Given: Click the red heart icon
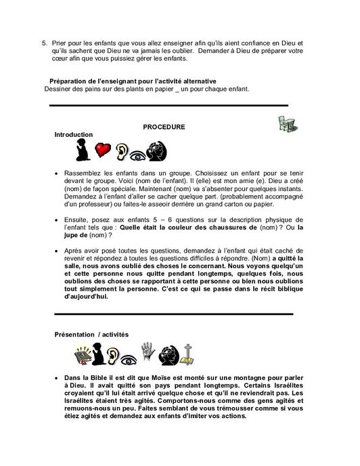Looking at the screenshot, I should [x=103, y=150].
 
